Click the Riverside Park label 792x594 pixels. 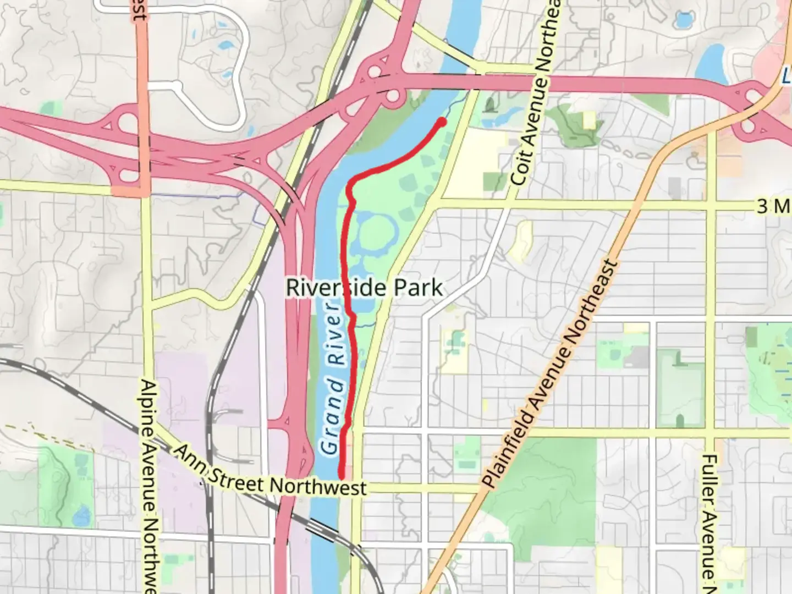pyautogui.click(x=364, y=288)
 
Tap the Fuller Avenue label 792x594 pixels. pyautogui.click(x=709, y=517)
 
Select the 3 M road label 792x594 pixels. pyautogui.click(x=773, y=206)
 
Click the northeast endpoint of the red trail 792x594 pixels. pyautogui.click(x=442, y=122)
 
